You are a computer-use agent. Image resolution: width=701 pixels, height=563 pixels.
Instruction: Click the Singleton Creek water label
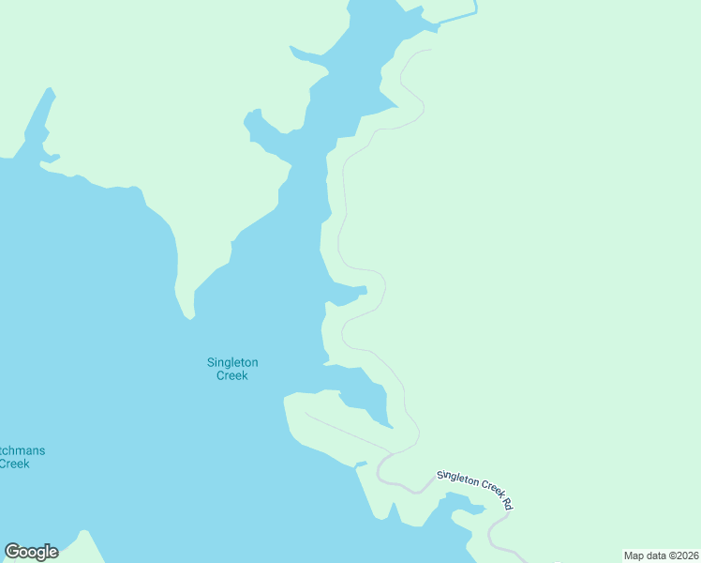[x=232, y=369]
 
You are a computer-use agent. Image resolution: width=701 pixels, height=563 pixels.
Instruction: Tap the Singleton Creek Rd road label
[x=475, y=489]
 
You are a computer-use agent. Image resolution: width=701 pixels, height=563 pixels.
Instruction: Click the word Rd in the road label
[x=507, y=504]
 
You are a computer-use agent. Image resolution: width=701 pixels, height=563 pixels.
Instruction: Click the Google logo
[x=31, y=552]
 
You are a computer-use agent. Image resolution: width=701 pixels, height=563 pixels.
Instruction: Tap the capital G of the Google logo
[x=12, y=552]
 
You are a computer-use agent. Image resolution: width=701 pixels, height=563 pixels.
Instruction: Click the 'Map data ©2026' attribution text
[x=661, y=555]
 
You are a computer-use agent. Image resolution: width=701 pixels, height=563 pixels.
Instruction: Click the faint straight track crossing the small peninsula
[x=347, y=433]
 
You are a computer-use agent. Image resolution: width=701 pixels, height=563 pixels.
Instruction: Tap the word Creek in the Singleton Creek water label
[x=232, y=375]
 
